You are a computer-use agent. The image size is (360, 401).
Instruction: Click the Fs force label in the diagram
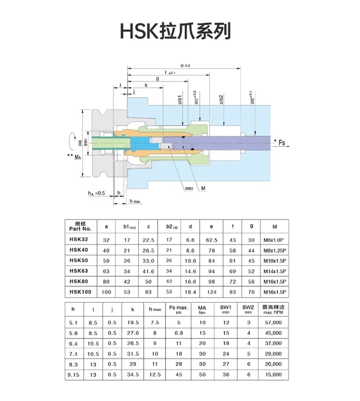(282, 142)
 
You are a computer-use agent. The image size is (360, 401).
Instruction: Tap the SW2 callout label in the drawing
(189, 188)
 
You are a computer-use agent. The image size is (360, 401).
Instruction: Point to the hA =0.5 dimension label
(96, 193)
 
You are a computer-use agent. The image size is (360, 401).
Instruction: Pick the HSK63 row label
(79, 270)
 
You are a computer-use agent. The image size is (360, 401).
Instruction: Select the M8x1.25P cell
(274, 250)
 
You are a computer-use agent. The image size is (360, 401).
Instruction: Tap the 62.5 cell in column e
(211, 240)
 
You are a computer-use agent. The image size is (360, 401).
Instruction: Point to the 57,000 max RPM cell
(273, 322)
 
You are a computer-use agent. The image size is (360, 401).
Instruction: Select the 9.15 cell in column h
(74, 374)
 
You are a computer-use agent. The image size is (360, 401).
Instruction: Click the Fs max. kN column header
(179, 310)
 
